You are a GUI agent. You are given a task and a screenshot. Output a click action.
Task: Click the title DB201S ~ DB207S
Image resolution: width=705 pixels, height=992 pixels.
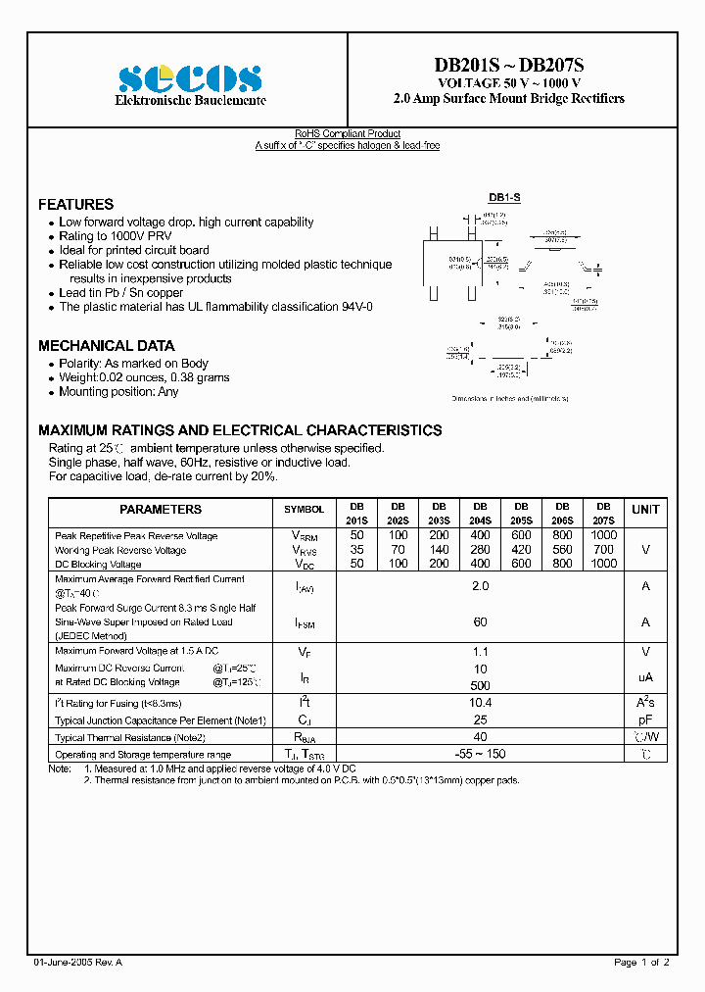coord(508,66)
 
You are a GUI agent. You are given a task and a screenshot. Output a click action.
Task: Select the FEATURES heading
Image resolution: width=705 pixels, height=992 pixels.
coord(75,205)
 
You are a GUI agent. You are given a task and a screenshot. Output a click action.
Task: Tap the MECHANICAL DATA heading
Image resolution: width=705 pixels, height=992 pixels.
coord(106,346)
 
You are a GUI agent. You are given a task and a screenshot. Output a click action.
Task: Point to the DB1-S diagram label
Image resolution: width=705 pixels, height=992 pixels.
coord(504,198)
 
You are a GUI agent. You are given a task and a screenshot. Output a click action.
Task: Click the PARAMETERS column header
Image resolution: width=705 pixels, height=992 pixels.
coord(161,510)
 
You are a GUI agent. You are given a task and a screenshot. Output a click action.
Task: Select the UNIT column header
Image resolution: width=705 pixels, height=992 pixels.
coord(645,510)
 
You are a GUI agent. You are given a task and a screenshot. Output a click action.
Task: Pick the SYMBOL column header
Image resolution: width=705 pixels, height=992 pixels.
coord(304,510)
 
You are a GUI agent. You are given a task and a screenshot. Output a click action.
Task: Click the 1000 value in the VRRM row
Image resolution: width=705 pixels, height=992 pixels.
coord(604,535)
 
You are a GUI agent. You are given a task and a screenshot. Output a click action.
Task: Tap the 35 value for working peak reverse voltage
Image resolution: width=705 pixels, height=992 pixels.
coord(356,550)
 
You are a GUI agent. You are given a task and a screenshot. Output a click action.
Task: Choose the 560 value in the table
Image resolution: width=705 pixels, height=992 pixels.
coord(563,550)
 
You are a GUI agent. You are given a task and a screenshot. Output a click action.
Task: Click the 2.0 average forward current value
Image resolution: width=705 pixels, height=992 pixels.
coord(480,585)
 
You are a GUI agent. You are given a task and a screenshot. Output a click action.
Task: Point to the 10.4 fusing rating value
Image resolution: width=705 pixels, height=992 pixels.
coord(480,703)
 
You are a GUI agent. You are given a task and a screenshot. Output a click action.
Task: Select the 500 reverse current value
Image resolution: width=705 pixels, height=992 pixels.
coord(480,685)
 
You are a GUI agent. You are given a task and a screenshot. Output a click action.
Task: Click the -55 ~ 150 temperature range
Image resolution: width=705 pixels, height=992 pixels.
coord(480,754)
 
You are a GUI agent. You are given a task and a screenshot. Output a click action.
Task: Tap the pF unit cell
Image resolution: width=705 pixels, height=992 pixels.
coord(645,719)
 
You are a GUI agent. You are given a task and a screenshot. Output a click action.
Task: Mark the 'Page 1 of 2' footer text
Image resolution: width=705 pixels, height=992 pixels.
coord(641,963)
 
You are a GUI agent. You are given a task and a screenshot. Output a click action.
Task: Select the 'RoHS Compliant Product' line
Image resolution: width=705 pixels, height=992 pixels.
coord(348,134)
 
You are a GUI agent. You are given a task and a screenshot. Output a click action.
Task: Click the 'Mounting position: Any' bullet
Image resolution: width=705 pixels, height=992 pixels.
coord(118,392)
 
